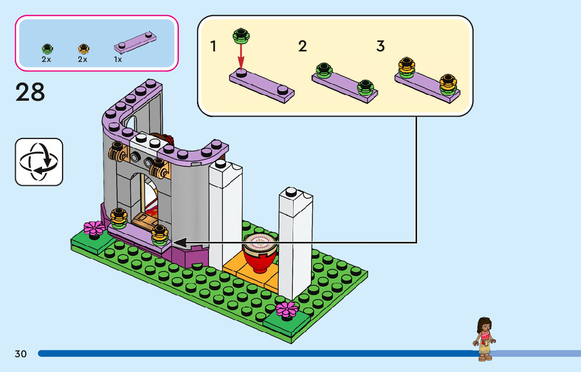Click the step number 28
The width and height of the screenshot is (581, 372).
[30, 92]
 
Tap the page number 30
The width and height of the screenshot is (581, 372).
[21, 354]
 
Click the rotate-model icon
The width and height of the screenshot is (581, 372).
[39, 162]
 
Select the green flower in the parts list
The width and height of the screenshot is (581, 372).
[47, 49]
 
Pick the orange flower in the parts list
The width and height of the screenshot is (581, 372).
[84, 49]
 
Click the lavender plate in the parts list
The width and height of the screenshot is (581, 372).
[135, 42]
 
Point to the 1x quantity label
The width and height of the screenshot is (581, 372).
[118, 59]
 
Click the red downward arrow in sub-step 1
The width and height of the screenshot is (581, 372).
[241, 56]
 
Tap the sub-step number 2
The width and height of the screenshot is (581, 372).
[303, 46]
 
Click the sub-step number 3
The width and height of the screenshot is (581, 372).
[380, 46]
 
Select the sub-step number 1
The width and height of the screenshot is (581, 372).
[213, 46]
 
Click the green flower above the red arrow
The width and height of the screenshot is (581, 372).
[241, 36]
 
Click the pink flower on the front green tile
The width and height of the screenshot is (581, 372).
[287, 310]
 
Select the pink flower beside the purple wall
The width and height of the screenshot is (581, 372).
[94, 229]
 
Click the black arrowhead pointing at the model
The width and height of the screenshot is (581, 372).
[180, 243]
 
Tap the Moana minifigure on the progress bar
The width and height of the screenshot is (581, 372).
[484, 339]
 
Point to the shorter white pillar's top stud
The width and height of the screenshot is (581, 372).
[291, 192]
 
